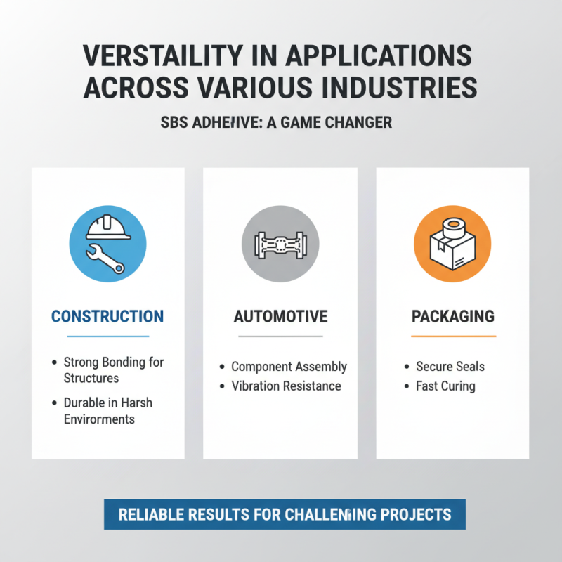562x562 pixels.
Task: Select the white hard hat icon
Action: coord(107,228)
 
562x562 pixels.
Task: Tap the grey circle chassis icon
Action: coord(280,244)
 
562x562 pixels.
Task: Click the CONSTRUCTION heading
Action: coord(107,316)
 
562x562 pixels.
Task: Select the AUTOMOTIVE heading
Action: coord(280,317)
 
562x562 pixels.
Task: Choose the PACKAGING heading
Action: coord(452,317)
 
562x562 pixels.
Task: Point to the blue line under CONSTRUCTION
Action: coord(107,336)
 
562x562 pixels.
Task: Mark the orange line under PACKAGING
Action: coord(452,336)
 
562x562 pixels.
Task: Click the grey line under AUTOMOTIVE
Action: coord(280,336)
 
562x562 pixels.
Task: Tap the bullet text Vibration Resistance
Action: coord(286,386)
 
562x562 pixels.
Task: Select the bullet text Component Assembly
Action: coord(289,367)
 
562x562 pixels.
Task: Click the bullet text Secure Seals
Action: coord(450,367)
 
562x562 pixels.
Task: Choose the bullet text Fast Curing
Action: coord(445,386)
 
